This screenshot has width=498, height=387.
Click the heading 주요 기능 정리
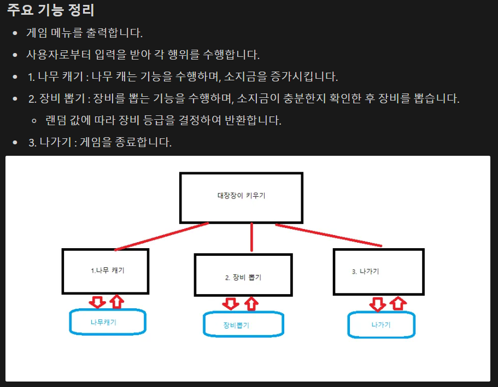tap(51, 10)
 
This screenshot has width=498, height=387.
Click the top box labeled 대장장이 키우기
tap(241, 198)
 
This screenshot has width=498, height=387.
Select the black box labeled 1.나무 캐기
tap(106, 271)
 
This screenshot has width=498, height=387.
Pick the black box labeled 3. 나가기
tap(378, 272)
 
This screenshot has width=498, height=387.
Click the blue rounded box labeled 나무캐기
tap(107, 322)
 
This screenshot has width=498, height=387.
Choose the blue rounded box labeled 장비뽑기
tap(243, 325)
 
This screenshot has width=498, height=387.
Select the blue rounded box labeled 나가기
tap(381, 325)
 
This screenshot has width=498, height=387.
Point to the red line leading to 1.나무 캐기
tap(161, 237)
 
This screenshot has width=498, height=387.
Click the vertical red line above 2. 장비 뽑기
tap(251, 237)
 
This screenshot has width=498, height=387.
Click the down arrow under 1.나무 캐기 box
tap(98, 302)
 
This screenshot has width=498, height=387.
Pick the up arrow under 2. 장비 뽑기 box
tap(251, 303)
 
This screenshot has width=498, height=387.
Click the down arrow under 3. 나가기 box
tap(377, 304)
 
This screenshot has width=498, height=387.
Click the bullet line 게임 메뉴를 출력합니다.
tap(85, 33)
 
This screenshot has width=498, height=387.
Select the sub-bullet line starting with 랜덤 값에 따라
tap(163, 120)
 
